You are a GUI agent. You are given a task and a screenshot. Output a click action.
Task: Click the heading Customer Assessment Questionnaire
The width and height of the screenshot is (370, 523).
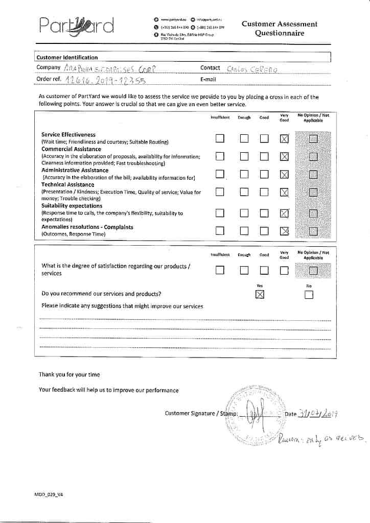point(279,29)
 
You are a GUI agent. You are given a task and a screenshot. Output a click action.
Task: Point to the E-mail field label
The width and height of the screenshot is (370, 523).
point(208,79)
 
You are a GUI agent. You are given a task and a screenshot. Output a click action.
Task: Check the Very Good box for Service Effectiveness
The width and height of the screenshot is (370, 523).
point(284,139)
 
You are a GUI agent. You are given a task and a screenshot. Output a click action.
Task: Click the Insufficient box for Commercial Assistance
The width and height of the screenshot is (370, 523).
point(220,156)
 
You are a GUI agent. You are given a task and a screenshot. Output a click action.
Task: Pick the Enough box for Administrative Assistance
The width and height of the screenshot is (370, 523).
point(244,174)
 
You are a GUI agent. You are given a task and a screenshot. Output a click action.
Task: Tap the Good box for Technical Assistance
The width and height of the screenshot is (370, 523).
point(264,192)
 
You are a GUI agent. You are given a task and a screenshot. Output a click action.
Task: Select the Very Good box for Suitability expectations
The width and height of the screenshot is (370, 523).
point(284,213)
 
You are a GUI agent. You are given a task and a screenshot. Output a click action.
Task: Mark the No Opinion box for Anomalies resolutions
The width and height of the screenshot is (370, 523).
point(313,231)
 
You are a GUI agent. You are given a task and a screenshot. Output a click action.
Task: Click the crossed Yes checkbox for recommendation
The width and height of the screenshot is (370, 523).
point(260,294)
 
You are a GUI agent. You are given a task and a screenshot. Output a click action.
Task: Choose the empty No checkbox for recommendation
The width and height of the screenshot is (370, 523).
point(309,295)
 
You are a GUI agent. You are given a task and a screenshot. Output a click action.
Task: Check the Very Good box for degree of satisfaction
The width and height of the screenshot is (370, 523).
point(284,271)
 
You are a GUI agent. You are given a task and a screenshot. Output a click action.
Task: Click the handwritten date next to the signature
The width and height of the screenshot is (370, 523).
point(319,413)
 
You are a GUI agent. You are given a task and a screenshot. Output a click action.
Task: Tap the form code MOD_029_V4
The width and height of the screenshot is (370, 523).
point(49,495)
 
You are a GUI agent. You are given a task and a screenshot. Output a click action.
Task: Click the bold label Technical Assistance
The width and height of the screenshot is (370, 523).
point(67,184)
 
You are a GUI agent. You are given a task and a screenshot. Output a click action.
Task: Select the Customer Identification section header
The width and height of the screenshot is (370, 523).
point(67,57)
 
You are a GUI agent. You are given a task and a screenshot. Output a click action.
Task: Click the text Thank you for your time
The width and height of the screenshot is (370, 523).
point(70,374)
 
